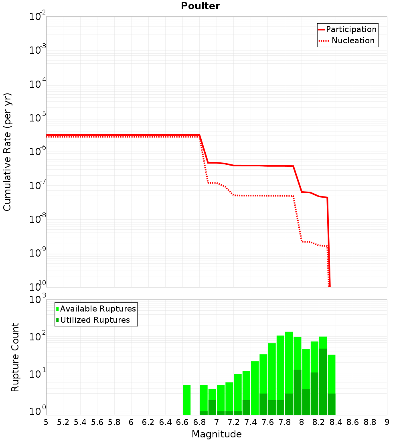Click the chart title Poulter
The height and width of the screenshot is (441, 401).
coord(200,6)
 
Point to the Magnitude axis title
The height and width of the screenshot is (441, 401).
coord(217,434)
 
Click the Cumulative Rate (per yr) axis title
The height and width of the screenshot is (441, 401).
coord(7,152)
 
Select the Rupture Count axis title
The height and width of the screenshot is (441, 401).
coord(15,357)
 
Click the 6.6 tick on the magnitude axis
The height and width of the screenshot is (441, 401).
coord(182,422)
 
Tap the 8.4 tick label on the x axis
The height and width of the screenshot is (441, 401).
coord(336,422)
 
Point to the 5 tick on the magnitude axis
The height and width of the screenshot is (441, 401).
coord(46,422)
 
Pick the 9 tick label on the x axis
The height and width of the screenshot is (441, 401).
coord(387,422)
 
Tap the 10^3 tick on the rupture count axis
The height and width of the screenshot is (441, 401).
coord(38,300)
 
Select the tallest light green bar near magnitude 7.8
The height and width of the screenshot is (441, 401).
coord(289,361)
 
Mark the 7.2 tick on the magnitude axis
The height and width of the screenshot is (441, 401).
coord(233,422)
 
